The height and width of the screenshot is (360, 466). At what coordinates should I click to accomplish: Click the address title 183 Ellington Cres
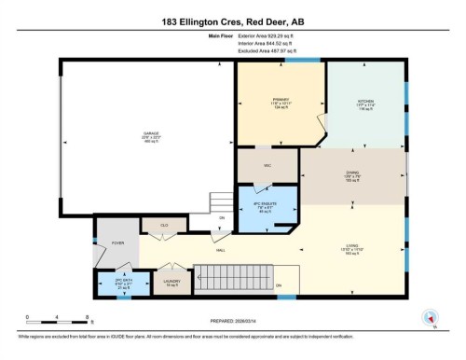tap(232, 21)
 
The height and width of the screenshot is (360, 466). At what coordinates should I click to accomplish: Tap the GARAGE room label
tap(151, 133)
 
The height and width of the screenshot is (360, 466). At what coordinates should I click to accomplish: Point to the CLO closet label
tap(163, 225)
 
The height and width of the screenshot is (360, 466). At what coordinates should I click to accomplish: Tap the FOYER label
tap(118, 242)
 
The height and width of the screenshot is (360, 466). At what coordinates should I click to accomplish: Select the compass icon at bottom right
tap(430, 317)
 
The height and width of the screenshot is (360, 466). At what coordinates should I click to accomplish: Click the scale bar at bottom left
tap(57, 318)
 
